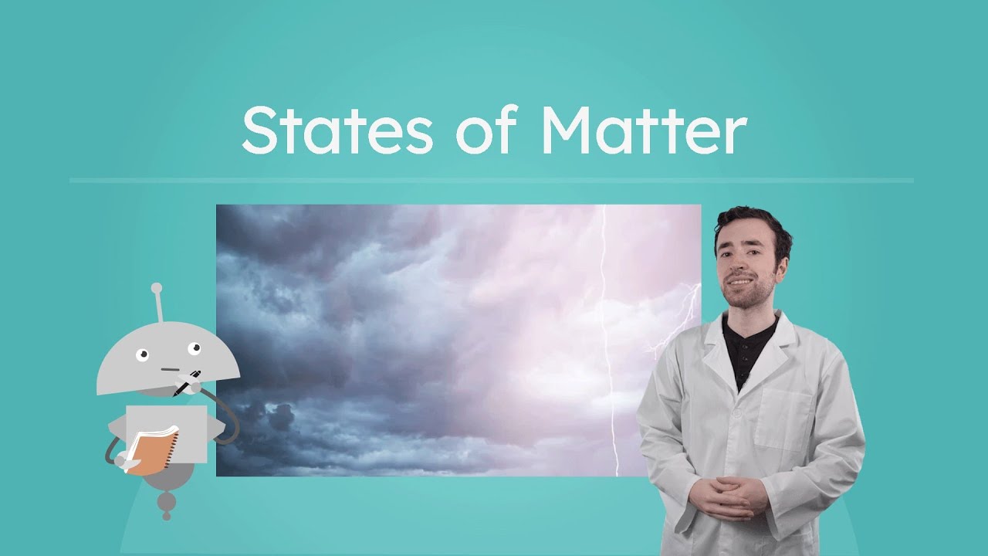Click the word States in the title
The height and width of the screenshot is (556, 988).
point(337,131)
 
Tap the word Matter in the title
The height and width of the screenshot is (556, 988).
point(642,131)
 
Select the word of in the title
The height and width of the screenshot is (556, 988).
point(485,131)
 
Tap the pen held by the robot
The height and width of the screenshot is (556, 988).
point(188,381)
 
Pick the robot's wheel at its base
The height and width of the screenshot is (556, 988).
point(166,503)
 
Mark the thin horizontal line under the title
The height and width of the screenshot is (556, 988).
point(491,181)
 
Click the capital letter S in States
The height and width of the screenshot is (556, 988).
point(259,131)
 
